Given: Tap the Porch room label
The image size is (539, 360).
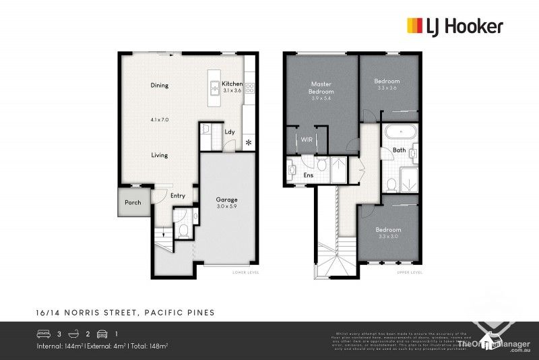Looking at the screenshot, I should pos(132,202).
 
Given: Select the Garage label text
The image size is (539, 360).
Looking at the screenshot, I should pos(226,200).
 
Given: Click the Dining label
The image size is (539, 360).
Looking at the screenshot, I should pos(159,86).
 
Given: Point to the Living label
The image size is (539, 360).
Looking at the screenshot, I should pos(159,155).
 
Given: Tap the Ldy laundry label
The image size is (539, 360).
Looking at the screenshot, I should pos(230,131).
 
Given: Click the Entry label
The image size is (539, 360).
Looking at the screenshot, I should pos(178,196).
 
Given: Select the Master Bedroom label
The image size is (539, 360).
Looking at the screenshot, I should pos(321,87).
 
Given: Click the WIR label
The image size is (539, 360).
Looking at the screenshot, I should pos(306,139).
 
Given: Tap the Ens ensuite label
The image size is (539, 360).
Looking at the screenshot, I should pos(309,175).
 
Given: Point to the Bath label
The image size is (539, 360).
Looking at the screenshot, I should pos(399,150).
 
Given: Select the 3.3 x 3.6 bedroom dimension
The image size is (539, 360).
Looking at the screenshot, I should pos(387,88).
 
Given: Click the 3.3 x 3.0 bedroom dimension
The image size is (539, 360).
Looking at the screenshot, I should pos(388,237).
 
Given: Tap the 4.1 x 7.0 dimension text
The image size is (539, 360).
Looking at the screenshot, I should pos(159,120).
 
